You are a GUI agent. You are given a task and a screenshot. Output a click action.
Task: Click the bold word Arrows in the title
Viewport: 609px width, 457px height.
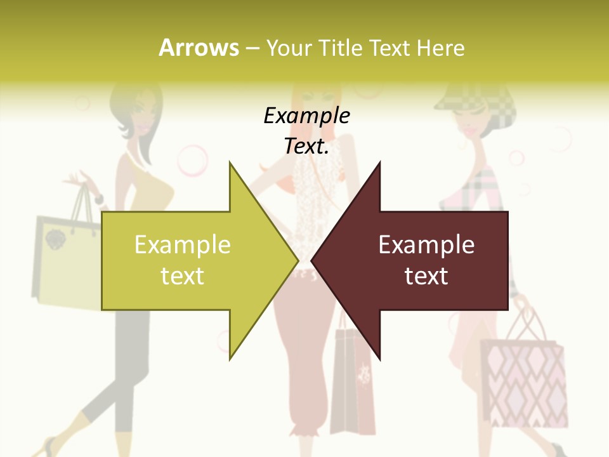point(199,48)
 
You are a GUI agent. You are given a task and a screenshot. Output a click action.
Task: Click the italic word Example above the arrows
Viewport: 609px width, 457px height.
point(306,116)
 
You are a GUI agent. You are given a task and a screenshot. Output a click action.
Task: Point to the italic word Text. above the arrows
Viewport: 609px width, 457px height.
point(306,147)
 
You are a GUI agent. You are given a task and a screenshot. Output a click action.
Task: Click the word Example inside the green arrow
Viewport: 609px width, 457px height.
point(183,244)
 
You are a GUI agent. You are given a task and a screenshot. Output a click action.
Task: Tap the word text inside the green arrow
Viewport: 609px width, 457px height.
point(183,275)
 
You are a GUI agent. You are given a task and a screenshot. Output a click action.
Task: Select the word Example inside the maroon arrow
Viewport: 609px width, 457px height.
point(426,244)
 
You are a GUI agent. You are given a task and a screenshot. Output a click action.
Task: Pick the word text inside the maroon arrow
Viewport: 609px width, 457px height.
point(426,275)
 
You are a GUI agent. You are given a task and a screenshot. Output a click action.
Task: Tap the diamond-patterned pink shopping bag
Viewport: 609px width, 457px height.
point(523,381)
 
